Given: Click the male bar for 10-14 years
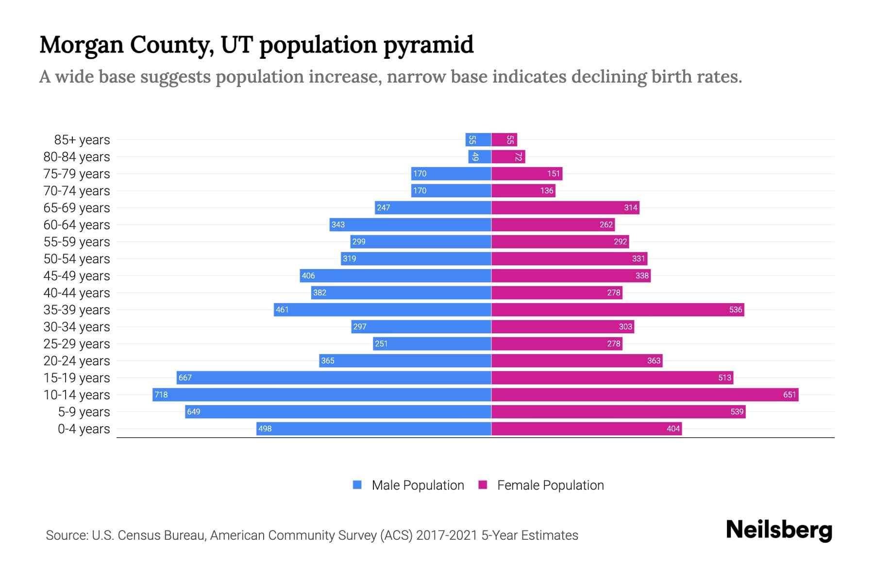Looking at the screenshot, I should pos(322,394).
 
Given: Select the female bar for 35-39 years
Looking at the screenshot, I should pos(618,309).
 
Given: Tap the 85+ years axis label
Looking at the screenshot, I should pos(82,140).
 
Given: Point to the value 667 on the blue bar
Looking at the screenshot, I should pos(185,377).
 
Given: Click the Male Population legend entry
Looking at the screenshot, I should pos(417,485).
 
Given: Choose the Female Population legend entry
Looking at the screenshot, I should pos(550,485).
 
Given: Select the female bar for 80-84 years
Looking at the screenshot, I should pos(508,156).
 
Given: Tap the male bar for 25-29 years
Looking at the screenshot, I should pos(432,343).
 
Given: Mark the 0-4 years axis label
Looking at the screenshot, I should pos(84,429).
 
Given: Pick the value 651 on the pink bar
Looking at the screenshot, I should pos(790,394).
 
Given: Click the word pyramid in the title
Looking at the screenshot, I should pos(428,45).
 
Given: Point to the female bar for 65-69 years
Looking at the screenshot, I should pos(565,207).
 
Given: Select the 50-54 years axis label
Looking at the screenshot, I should pos(77,259).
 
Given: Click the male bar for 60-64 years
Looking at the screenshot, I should pos(410,224).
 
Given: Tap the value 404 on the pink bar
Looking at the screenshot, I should pos(673,429).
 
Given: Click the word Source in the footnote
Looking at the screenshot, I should pos(67,535).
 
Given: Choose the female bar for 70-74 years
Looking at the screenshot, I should pos(523,190).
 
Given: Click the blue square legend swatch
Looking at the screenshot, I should pos(357,485).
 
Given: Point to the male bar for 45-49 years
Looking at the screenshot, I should pos(395,275).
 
